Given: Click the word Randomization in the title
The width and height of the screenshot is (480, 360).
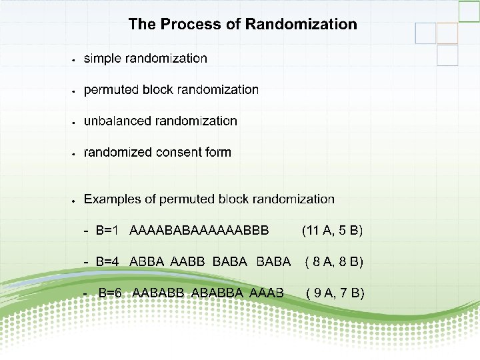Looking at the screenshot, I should pyautogui.click(x=301, y=25).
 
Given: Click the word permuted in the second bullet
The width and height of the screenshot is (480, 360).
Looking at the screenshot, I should pyautogui.click(x=111, y=90).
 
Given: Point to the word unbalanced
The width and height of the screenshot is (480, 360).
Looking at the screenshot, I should pyautogui.click(x=117, y=121).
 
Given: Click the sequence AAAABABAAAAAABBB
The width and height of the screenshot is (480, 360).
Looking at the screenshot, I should pyautogui.click(x=199, y=231).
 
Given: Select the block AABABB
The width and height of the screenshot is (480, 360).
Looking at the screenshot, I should pyautogui.click(x=159, y=292).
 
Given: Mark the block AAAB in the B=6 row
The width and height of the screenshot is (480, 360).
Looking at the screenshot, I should pyautogui.click(x=267, y=292).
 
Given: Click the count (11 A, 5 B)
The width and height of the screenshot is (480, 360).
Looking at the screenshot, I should pyautogui.click(x=332, y=231).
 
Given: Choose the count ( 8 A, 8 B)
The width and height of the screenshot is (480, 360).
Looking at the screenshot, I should pyautogui.click(x=333, y=261).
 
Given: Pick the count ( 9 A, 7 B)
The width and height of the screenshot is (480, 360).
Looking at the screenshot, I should pyautogui.click(x=334, y=292).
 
